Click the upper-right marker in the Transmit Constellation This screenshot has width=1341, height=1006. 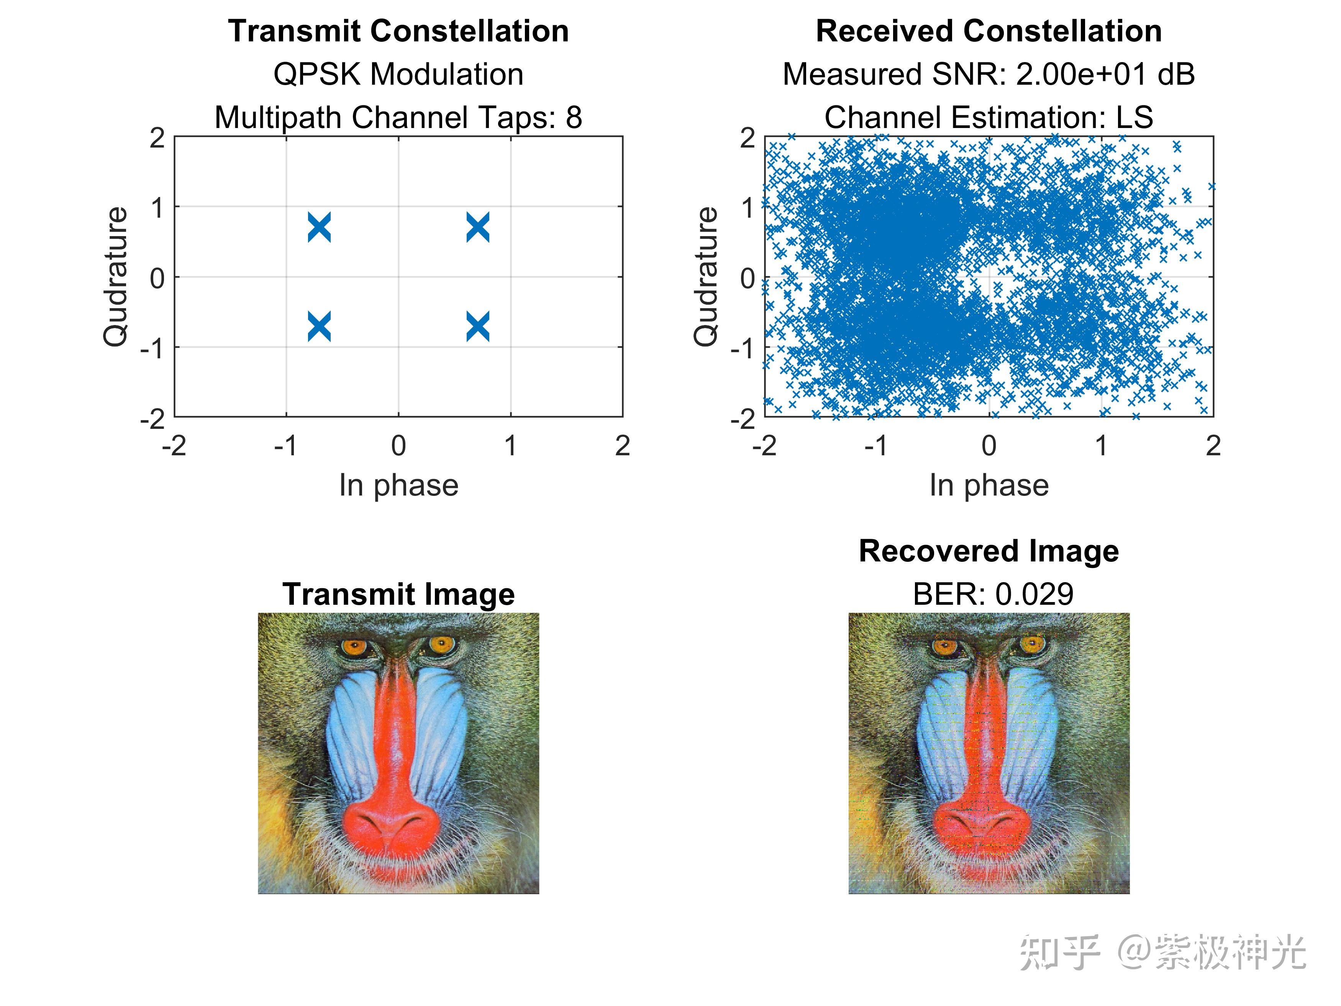tap(478, 227)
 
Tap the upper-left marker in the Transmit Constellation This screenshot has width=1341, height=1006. tap(320, 227)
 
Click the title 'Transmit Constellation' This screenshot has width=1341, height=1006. tap(398, 31)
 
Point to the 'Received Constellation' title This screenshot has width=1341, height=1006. tap(989, 31)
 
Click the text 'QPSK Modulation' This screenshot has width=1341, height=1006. tap(398, 75)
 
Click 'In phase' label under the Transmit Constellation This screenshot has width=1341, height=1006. tap(398, 485)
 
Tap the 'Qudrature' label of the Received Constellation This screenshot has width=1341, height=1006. tap(706, 277)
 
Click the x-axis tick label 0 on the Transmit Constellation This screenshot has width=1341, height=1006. tap(398, 446)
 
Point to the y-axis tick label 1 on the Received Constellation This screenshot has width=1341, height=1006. tap(749, 208)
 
